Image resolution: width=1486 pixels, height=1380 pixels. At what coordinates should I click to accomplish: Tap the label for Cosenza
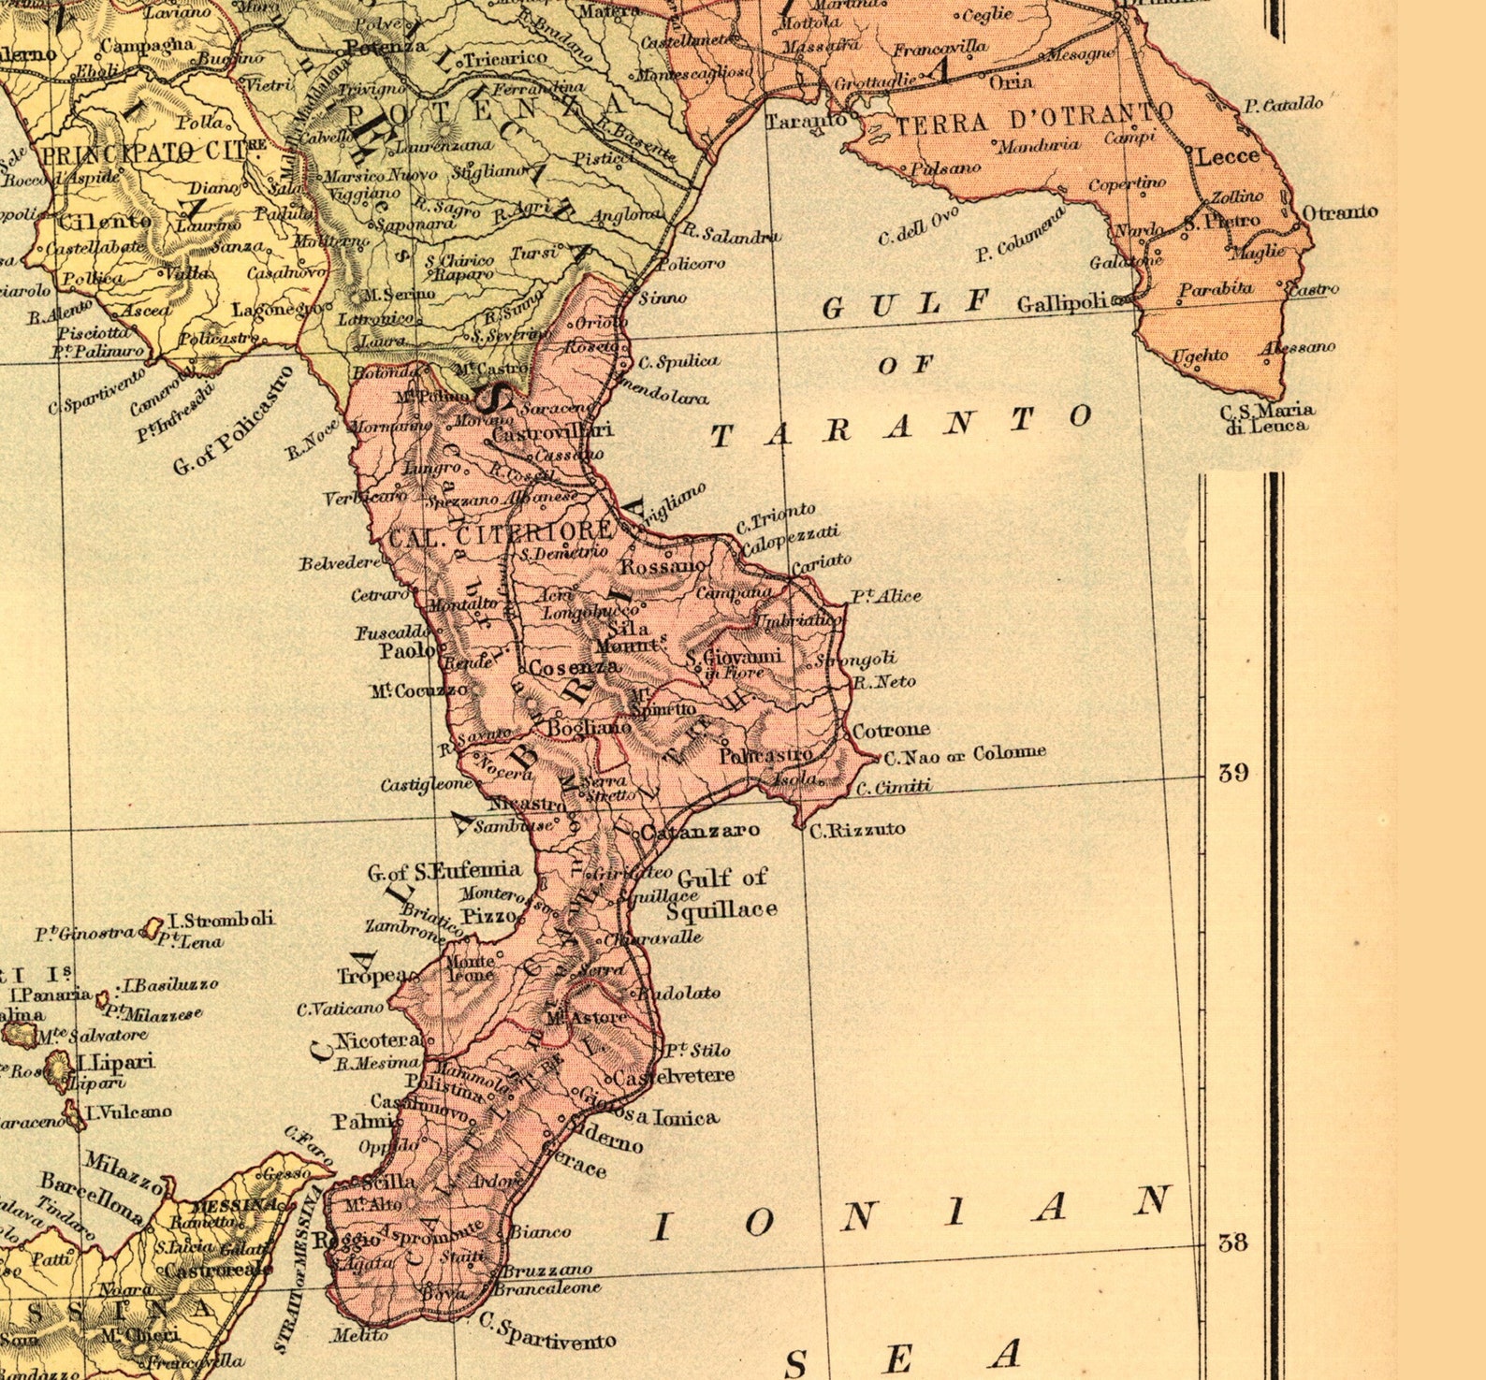574,668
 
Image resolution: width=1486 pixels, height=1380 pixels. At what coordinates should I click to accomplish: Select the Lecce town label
1228,156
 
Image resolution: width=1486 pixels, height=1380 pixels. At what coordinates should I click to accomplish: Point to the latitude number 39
1232,773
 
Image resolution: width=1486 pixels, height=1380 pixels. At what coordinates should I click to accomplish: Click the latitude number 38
1232,1242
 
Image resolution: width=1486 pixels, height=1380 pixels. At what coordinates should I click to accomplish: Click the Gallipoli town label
1062,304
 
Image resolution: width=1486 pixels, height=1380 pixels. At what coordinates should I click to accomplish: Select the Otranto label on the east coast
1340,212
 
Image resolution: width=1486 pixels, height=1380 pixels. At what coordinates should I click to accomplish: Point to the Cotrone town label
891,729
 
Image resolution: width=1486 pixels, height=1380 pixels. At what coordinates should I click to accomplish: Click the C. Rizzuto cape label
857,829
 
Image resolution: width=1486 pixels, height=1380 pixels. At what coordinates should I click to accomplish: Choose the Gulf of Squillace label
722,893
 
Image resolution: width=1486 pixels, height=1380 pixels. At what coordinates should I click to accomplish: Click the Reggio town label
334,1241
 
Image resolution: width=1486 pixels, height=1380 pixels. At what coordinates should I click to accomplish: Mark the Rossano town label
663,567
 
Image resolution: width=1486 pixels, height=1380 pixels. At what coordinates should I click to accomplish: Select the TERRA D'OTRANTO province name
1033,120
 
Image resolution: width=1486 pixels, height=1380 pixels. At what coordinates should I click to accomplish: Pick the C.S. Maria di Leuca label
1267,417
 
